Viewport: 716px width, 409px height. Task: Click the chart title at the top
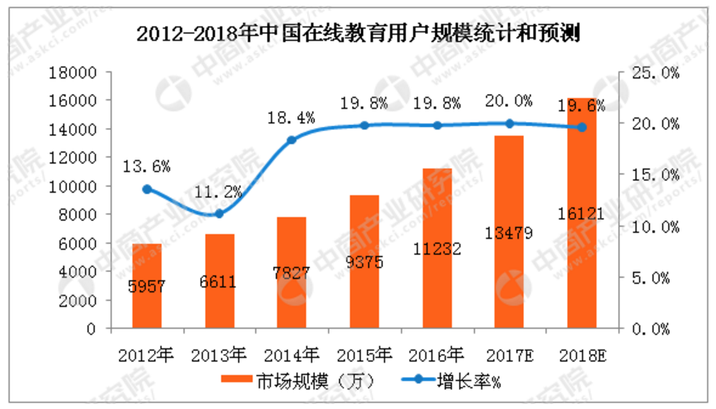point(358,35)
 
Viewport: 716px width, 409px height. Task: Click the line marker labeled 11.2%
point(219,214)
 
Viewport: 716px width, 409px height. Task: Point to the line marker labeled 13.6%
point(147,189)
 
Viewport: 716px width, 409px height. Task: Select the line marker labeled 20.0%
point(509,123)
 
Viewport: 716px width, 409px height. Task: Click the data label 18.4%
point(292,119)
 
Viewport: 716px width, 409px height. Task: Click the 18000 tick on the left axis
point(74,72)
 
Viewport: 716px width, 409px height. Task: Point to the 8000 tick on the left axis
point(78,215)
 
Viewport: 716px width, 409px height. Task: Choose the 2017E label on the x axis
point(509,354)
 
